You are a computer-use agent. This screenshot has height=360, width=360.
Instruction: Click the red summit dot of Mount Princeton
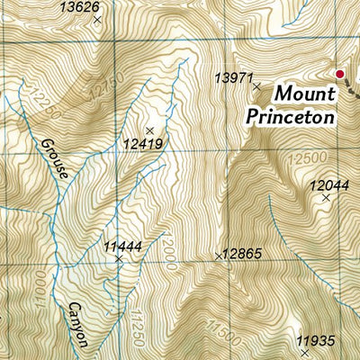340,75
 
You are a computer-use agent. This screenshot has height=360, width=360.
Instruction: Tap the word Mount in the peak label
304,93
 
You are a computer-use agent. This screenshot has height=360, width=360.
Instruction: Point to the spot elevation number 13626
79,7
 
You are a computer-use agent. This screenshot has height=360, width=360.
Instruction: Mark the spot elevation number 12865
243,255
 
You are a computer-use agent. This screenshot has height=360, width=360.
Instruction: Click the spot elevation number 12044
328,185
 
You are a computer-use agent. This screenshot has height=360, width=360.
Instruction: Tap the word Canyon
76,324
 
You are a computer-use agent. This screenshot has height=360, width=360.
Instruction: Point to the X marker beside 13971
256,87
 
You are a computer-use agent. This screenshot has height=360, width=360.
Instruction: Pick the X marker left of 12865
218,256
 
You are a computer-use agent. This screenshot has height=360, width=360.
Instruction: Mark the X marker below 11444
118,258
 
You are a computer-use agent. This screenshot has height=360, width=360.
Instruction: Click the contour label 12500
303,157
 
